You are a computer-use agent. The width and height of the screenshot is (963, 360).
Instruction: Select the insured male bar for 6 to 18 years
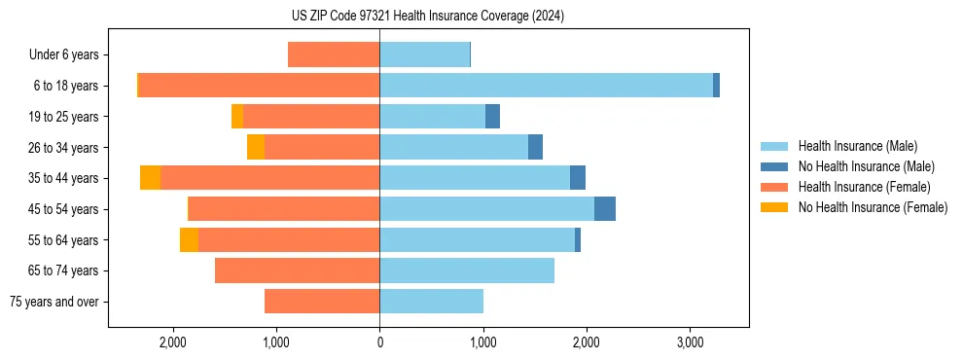point(546,86)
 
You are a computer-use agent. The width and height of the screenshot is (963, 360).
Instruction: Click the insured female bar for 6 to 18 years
point(259,86)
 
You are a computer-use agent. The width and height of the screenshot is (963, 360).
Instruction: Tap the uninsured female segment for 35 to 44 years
point(150,178)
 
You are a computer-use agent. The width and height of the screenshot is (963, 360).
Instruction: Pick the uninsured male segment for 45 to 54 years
point(604,209)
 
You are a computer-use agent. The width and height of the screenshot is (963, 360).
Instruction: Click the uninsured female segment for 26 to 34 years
point(256,147)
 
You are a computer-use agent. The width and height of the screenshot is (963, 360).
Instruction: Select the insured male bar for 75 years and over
point(431,302)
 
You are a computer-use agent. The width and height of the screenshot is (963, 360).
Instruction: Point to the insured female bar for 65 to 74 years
point(297,270)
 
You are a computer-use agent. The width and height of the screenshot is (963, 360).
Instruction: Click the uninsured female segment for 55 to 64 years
point(189,240)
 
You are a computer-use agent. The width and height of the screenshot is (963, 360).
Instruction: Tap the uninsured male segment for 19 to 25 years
point(492,117)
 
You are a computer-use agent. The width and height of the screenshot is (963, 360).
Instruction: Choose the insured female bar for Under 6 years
point(334,54)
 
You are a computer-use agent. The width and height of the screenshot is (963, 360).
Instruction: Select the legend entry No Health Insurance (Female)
point(873,207)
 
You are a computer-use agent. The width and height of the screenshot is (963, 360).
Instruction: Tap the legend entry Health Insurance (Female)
point(863,187)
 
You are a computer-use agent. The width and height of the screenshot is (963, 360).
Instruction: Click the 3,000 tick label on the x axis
point(689,342)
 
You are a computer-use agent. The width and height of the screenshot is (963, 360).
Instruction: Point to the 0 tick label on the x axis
point(379,342)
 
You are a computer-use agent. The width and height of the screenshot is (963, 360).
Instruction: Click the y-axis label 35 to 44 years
point(64,178)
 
